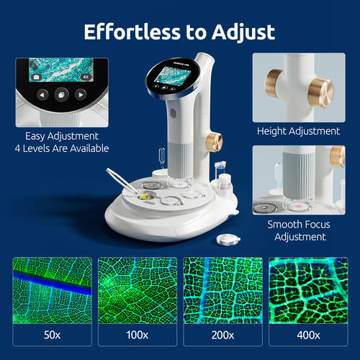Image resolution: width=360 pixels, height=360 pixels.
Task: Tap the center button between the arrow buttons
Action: pos(62,94)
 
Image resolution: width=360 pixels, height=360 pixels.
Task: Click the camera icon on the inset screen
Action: pos(35,74)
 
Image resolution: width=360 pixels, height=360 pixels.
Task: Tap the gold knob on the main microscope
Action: pos(214,140)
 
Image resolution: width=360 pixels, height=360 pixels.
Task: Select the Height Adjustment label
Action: pos(298,131)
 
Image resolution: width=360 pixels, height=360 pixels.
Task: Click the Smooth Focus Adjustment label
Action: pos(298,230)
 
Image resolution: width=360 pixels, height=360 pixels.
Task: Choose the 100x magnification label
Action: pos(137,335)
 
